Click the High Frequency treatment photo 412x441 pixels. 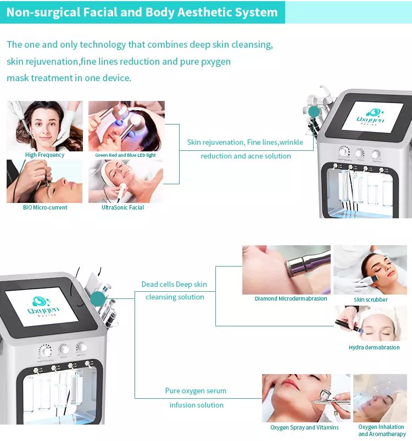(x=44, y=126)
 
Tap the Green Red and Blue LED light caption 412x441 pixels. (x=126, y=155)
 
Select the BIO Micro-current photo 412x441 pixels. (x=44, y=181)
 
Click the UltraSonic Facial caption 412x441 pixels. (x=123, y=207)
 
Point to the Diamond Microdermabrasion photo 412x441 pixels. (x=286, y=270)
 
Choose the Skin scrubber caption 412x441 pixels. (x=371, y=299)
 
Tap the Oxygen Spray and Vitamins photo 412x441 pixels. (x=305, y=398)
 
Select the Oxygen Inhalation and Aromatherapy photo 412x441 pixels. (x=381, y=398)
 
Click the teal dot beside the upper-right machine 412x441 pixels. (x=314, y=112)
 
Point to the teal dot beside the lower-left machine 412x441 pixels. (x=97, y=299)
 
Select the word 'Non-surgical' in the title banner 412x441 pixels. (x=42, y=12)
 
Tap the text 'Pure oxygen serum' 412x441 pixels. (x=196, y=391)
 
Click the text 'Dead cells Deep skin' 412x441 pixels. (x=174, y=284)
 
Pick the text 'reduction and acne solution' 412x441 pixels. (x=246, y=156)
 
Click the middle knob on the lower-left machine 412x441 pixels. (x=64, y=349)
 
